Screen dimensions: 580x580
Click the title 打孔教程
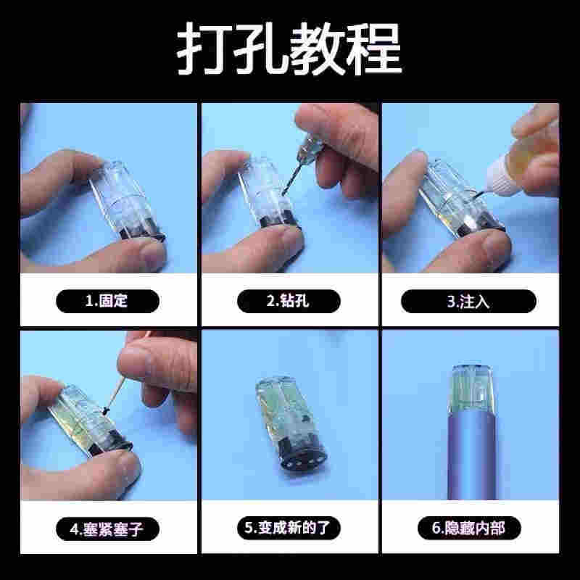tap(289, 49)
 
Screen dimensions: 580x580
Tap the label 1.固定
tap(107, 301)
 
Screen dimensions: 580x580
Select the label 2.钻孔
tap(289, 301)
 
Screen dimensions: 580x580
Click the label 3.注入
tap(468, 302)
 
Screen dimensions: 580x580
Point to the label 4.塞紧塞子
tap(107, 529)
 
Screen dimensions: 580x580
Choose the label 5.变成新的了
tap(289, 528)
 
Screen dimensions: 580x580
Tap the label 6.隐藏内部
tap(469, 528)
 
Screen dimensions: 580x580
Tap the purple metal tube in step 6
tap(472, 455)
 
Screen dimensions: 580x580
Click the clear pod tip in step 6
tap(472, 389)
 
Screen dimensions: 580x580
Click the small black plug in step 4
tap(105, 410)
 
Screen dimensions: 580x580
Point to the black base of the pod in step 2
tap(279, 221)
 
